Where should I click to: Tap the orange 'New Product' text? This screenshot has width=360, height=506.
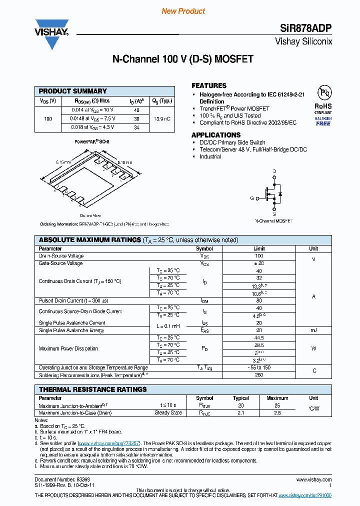pyautogui.click(x=183, y=11)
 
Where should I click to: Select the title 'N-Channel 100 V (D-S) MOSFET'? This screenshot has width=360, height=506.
pyautogui.click(x=182, y=59)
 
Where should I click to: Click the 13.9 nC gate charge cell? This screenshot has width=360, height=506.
pyautogui.click(x=162, y=119)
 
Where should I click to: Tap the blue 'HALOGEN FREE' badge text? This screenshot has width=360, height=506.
pyautogui.click(x=323, y=121)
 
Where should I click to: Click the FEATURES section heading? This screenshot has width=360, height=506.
pyautogui.click(x=209, y=85)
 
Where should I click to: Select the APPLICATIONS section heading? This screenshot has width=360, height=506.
pyautogui.click(x=216, y=135)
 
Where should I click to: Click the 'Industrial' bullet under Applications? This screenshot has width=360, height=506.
pyautogui.click(x=210, y=156)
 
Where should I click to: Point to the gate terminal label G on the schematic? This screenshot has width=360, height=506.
pyautogui.click(x=252, y=198)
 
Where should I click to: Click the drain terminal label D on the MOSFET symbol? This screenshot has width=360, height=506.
pyautogui.click(x=274, y=171)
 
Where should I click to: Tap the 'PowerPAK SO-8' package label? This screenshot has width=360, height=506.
pyautogui.click(x=92, y=141)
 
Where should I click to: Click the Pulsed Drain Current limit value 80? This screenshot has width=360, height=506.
pyautogui.click(x=259, y=301)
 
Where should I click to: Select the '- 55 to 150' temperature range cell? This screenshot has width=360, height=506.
pyautogui.click(x=259, y=368)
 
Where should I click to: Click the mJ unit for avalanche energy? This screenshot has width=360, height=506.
pyautogui.click(x=313, y=330)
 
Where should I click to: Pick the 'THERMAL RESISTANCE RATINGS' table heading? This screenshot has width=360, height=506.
pyautogui.click(x=92, y=389)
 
